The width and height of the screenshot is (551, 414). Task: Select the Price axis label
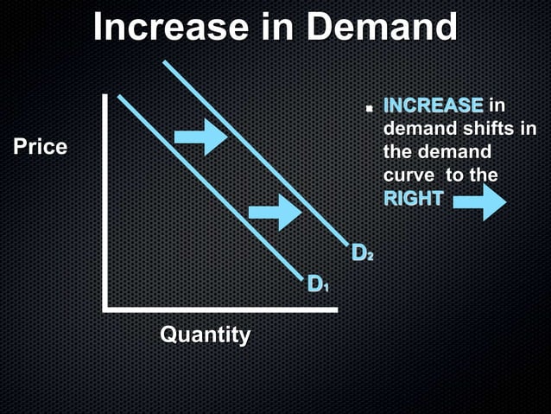40,147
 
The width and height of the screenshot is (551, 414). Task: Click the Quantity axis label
206,334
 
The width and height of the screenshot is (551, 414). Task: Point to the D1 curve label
318,283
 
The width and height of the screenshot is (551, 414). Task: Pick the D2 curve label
363,253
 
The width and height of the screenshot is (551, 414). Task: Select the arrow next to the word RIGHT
479,201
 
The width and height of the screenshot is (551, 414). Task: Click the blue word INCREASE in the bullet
433,106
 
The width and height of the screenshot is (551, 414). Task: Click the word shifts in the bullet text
487,130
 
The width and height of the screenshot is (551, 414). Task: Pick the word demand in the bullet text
418,130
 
